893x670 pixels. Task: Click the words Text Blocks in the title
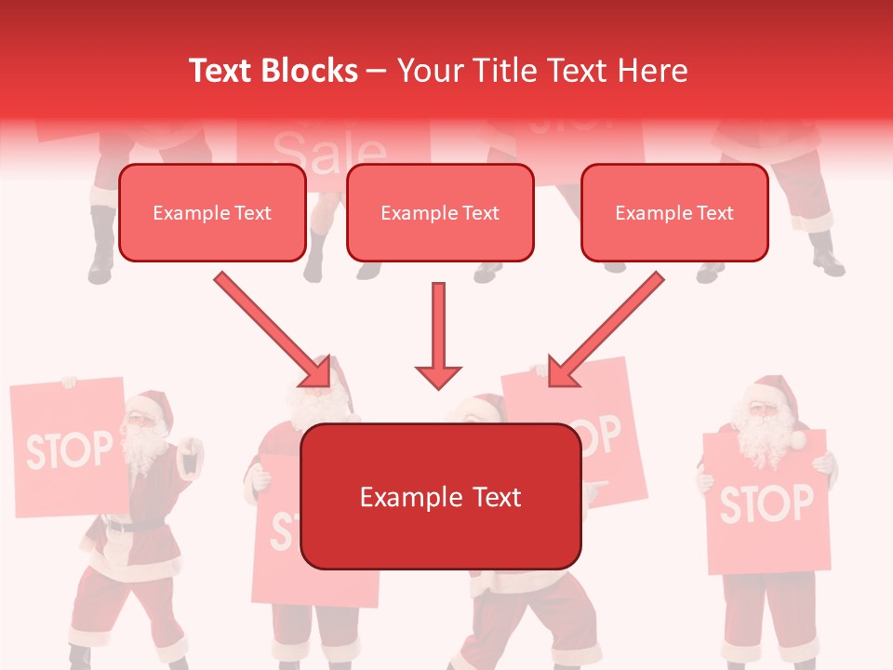273,71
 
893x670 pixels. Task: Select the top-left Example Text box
212,213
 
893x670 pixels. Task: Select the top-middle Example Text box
440,213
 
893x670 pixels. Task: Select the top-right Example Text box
674,213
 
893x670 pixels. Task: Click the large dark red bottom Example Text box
441,497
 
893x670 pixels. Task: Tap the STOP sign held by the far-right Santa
766,503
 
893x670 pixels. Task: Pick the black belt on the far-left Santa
131,525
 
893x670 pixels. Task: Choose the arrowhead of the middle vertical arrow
438,374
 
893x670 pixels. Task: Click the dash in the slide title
377,72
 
